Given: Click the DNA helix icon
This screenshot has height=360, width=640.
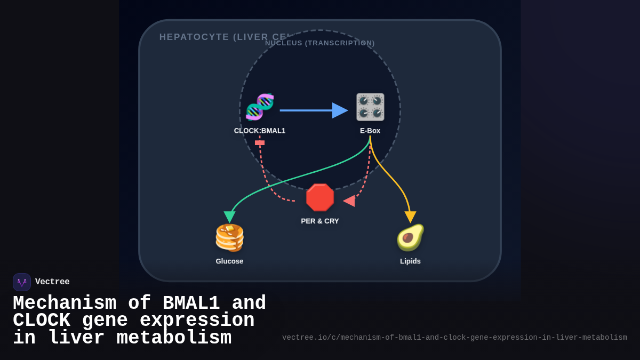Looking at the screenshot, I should click(x=260, y=107).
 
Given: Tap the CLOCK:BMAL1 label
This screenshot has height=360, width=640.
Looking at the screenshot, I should click(x=260, y=131).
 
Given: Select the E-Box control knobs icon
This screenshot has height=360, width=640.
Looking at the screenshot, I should click(x=370, y=107).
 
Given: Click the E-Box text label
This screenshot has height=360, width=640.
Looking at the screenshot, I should click(x=370, y=131).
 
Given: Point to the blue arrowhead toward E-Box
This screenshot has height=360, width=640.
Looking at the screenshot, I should click(x=340, y=110).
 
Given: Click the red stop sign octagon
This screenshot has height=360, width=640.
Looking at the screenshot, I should click(x=320, y=197).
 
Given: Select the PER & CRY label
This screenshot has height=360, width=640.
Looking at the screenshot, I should click(x=320, y=221).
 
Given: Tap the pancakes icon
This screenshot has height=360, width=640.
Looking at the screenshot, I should click(x=229, y=237).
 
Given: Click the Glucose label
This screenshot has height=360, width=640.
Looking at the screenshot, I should click(x=229, y=261).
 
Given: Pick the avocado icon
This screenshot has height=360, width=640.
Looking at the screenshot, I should click(x=410, y=237).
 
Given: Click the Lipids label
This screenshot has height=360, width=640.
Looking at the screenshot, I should click(x=410, y=261).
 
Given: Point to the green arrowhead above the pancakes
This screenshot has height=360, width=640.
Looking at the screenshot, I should click(x=229, y=217).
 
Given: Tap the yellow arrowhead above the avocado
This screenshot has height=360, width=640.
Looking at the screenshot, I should click(x=410, y=217).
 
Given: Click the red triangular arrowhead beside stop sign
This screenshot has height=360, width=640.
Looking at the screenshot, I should click(x=349, y=201).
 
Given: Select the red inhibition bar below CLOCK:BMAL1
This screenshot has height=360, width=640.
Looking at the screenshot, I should click(x=260, y=143).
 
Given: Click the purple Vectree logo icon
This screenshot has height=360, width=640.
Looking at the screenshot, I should click(x=22, y=282).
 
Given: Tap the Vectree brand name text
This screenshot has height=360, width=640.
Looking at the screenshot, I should click(x=52, y=282).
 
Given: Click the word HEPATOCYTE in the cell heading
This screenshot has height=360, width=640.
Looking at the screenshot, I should click(x=194, y=37).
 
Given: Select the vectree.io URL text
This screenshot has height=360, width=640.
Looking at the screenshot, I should click(x=454, y=338).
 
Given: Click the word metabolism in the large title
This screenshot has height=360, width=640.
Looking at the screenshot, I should click(x=174, y=338).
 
